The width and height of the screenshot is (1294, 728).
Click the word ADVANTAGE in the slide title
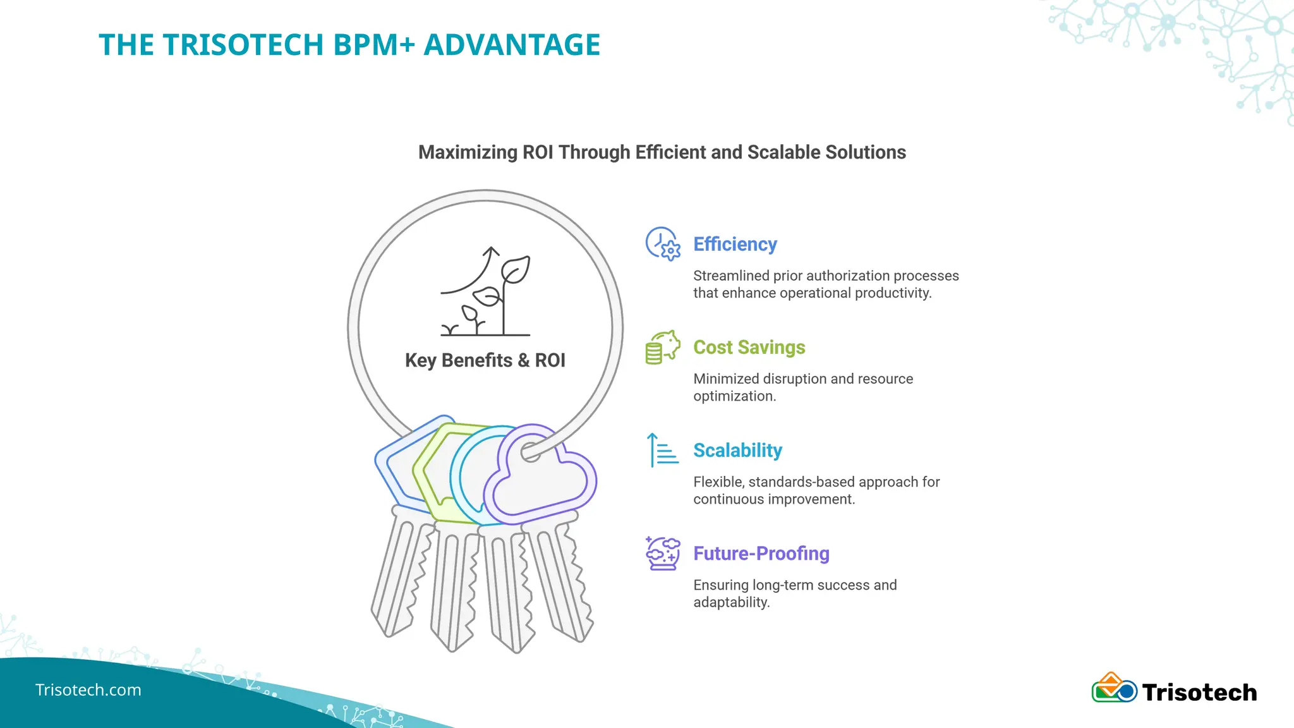tap(512, 45)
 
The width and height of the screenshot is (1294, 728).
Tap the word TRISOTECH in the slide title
tap(243, 45)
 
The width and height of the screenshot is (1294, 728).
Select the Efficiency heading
tap(735, 245)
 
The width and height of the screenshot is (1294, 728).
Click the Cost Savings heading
tap(749, 348)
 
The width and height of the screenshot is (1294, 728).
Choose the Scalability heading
tap(737, 451)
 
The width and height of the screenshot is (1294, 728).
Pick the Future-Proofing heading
tap(761, 554)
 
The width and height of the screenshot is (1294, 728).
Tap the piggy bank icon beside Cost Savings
tap(662, 347)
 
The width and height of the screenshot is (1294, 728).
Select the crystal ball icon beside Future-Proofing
tap(663, 553)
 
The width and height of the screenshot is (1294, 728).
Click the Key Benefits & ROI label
tap(485, 360)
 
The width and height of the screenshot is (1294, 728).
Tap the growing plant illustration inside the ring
tap(485, 291)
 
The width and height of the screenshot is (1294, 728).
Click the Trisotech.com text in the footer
tap(88, 690)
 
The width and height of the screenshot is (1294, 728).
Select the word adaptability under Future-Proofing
tap(731, 602)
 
